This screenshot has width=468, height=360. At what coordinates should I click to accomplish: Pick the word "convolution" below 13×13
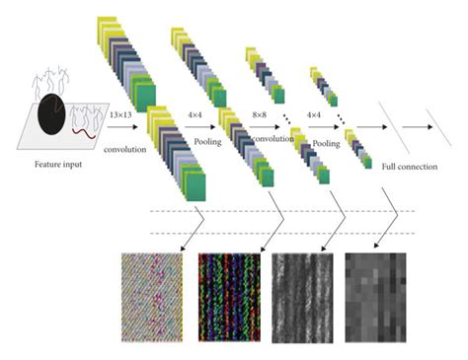pos(125,150)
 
